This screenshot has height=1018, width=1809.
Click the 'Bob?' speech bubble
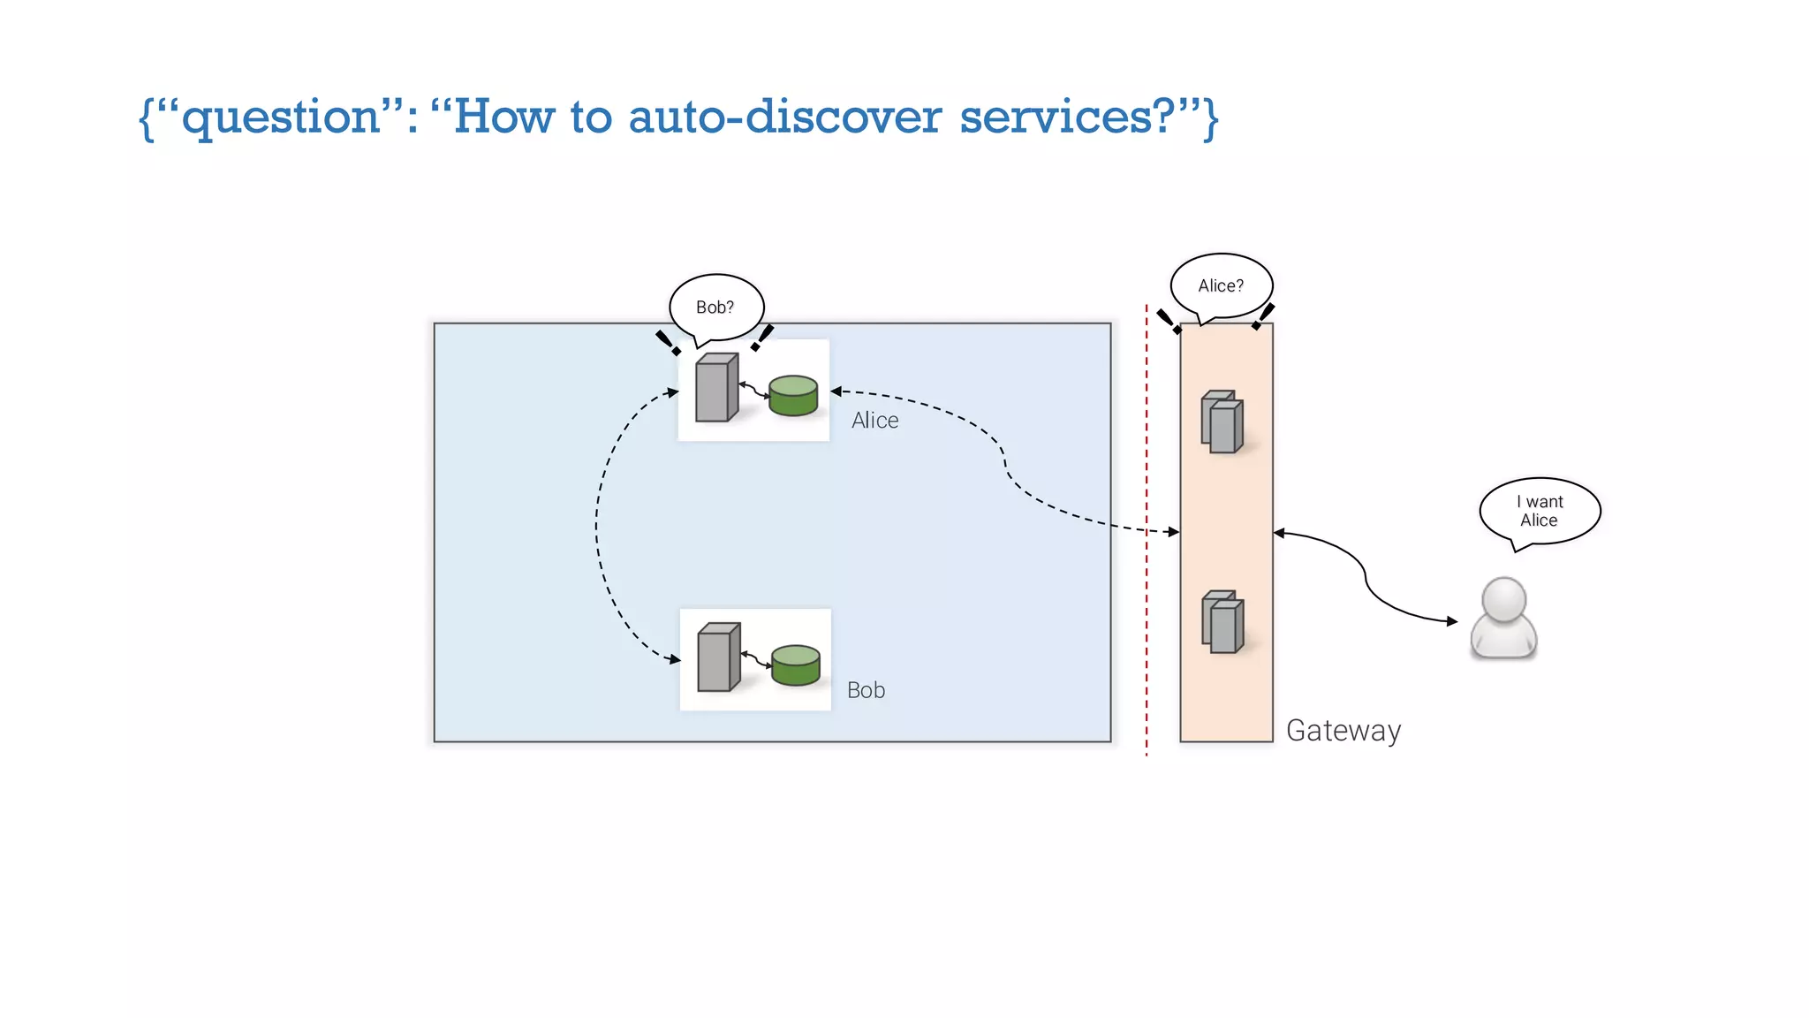tap(715, 308)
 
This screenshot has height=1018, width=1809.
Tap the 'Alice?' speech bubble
tap(1221, 285)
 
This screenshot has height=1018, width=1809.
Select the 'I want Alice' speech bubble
tap(1540, 511)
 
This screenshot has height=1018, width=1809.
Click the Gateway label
tap(1343, 731)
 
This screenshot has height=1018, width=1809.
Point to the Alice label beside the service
tap(874, 421)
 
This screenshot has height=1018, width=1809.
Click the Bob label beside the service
tap(866, 690)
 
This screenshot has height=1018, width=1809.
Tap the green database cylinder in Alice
tap(793, 396)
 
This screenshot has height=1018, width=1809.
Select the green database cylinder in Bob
tap(796, 665)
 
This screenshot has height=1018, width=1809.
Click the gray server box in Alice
tap(716, 389)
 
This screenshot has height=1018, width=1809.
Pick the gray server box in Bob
tap(718, 658)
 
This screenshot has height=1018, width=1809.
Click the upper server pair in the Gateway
tap(1222, 422)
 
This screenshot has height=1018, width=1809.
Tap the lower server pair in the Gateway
tap(1223, 622)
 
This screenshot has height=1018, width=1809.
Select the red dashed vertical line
tap(1147, 619)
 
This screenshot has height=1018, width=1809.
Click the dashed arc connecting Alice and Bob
tap(597, 527)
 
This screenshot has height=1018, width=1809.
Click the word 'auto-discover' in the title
tap(785, 117)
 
